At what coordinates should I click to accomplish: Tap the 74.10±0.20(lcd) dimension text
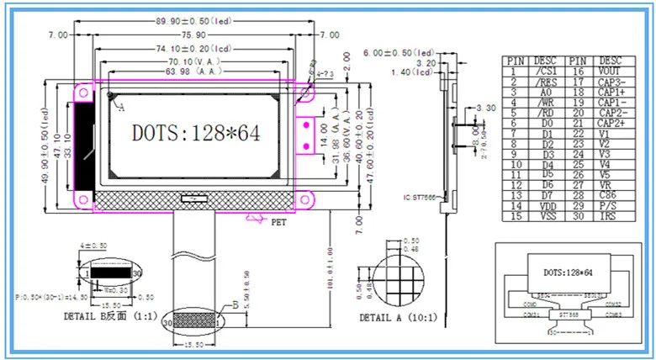[x=194, y=49]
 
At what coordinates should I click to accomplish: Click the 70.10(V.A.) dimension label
[x=194, y=62]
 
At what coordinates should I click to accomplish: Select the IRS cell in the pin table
[x=610, y=217]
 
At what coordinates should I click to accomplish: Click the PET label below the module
[x=279, y=222]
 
